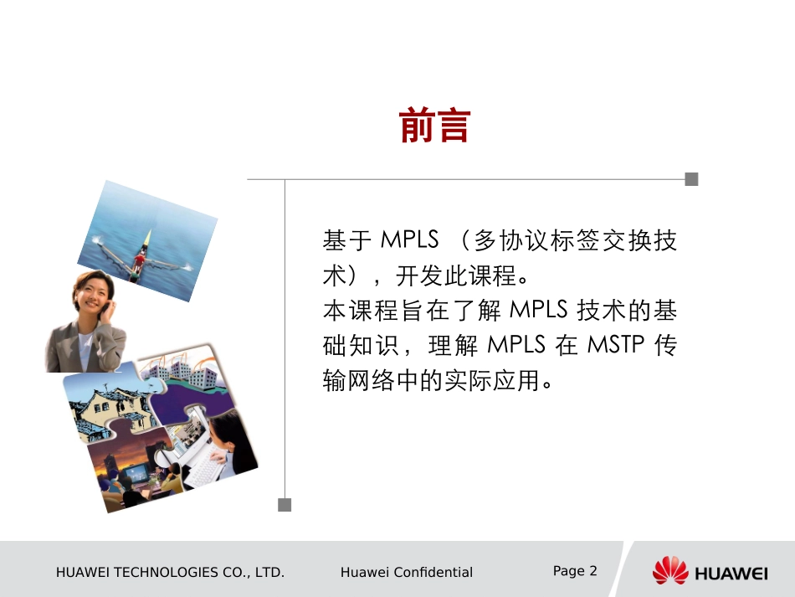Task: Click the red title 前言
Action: click(x=434, y=126)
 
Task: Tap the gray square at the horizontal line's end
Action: click(x=691, y=179)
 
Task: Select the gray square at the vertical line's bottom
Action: click(x=285, y=504)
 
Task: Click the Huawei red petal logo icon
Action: click(x=669, y=571)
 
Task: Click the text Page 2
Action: click(x=575, y=571)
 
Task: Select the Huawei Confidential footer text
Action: click(x=407, y=573)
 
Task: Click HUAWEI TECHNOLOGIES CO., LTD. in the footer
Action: click(x=170, y=573)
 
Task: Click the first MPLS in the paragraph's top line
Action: click(x=409, y=240)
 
